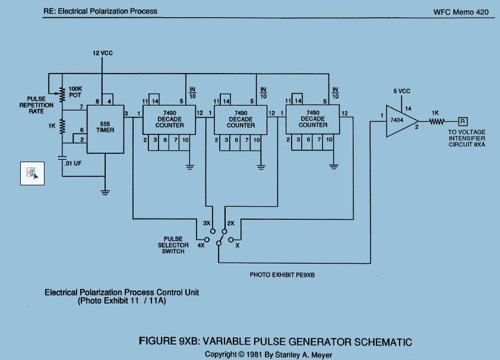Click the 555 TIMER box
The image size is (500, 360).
105,129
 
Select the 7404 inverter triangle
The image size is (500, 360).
402,121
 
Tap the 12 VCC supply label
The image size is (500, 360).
102,53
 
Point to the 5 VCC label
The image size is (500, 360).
401,91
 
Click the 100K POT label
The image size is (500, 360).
75,92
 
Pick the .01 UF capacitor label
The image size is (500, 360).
73,163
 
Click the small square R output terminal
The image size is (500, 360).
463,121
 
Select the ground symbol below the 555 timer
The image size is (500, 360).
105,192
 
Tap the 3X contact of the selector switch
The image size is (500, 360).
213,231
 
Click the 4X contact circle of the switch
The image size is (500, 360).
207,239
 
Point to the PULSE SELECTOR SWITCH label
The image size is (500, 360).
173,245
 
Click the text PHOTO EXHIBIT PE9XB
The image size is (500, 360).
282,275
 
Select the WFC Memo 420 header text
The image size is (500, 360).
461,12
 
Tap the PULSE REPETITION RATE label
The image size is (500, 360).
36,105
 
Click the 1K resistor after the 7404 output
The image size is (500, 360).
436,121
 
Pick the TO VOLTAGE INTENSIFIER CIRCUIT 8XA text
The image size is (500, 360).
467,138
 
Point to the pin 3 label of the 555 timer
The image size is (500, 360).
126,113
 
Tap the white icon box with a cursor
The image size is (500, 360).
32,173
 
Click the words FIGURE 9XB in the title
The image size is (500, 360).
169,341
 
